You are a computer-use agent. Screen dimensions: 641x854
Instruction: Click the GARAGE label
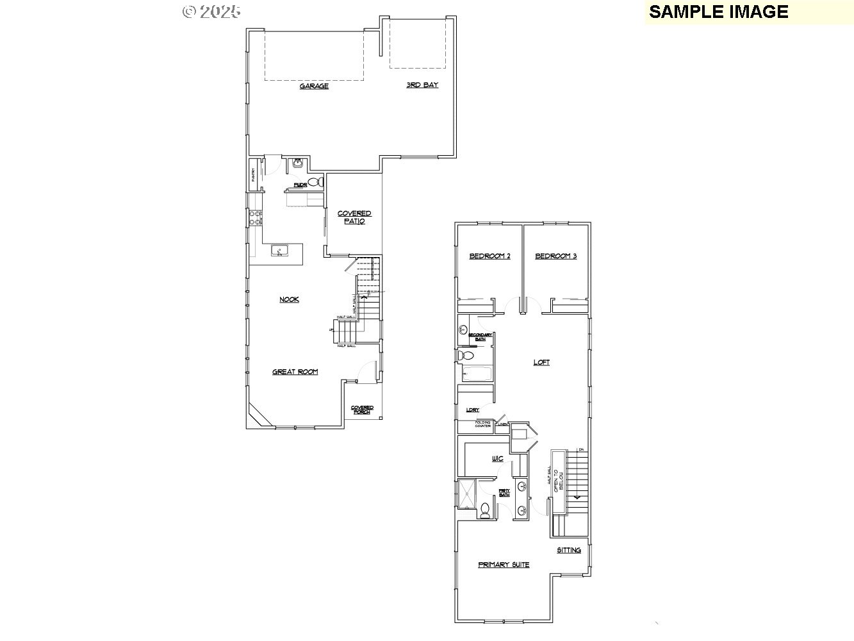point(314,86)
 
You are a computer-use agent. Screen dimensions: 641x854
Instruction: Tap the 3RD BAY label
point(422,85)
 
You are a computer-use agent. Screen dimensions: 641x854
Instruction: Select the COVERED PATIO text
point(354,217)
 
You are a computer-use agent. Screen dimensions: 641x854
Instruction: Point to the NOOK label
point(289,299)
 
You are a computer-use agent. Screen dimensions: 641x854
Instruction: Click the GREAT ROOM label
point(295,372)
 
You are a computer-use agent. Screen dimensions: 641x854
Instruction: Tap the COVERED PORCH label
point(362,410)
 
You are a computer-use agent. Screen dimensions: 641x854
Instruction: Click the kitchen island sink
point(279,250)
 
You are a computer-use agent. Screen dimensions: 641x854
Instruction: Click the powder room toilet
point(315,183)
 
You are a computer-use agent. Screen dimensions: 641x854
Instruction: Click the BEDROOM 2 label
point(489,256)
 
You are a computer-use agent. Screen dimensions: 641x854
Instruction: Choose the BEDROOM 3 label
point(555,256)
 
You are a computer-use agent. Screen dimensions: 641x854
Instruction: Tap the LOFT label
point(541,362)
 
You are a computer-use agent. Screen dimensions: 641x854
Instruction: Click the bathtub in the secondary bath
point(475,374)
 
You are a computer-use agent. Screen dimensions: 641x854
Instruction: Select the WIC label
point(497,459)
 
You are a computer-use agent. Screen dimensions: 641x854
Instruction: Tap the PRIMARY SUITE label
point(504,565)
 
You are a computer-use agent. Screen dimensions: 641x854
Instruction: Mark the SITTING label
point(568,550)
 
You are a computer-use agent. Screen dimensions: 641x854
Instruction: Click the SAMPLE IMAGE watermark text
point(718,12)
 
